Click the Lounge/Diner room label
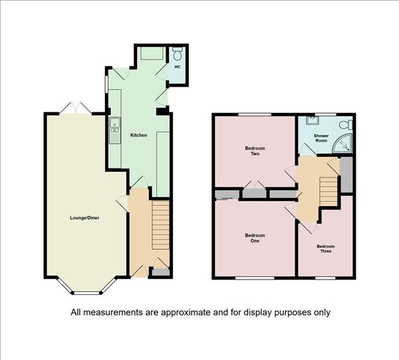click(x=84, y=218)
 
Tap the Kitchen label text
click(x=139, y=135)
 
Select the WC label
click(x=178, y=67)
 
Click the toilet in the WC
click(x=177, y=53)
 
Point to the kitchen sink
click(x=115, y=130)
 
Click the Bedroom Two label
click(x=255, y=151)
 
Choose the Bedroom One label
click(x=255, y=238)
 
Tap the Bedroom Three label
click(x=326, y=249)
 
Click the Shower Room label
click(x=321, y=138)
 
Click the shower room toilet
click(x=346, y=125)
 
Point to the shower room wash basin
click(x=311, y=120)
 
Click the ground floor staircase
click(x=160, y=225)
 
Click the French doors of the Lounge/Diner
click(x=75, y=108)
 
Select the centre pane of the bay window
click(x=86, y=293)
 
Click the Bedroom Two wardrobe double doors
click(x=255, y=185)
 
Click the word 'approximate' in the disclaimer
click(x=186, y=312)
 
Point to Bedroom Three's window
click(x=325, y=277)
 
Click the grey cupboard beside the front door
click(x=160, y=272)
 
